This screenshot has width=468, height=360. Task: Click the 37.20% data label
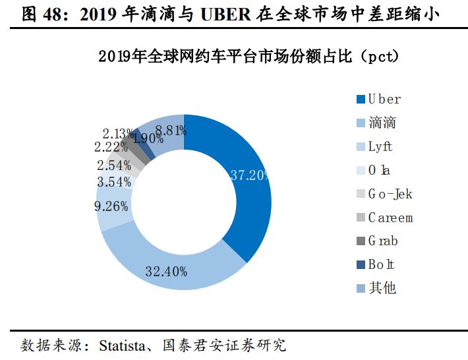250,175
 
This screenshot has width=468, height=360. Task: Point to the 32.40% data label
165,271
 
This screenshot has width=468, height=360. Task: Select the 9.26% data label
112,206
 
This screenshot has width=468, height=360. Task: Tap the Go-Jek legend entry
389,194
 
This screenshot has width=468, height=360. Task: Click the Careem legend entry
390,218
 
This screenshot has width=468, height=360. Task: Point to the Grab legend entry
382,241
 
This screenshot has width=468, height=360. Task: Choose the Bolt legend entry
381,264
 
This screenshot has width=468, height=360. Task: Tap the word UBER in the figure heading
226,15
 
